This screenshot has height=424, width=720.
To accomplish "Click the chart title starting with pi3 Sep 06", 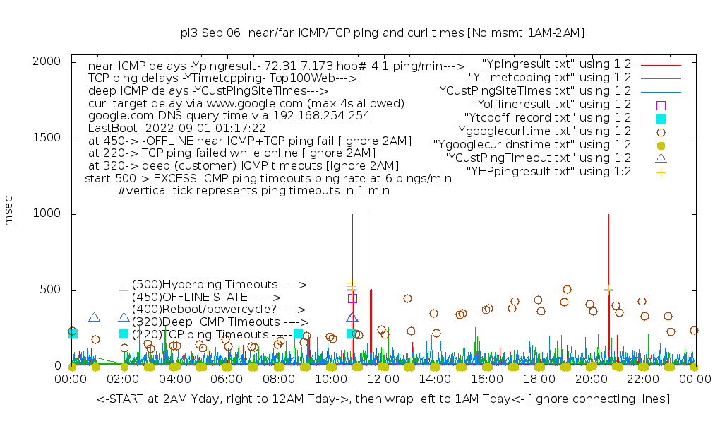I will (383, 33).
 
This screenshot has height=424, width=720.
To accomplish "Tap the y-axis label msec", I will (9, 213).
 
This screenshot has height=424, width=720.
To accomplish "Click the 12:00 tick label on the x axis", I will (383, 379).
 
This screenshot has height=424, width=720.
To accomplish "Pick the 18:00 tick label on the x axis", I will (539, 379).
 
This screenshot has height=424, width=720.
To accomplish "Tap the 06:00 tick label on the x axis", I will (227, 379).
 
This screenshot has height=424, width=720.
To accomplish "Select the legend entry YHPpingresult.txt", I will (548, 172).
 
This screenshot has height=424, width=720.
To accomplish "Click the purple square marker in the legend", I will (661, 105).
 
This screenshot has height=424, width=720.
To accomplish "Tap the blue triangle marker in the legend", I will (661, 159).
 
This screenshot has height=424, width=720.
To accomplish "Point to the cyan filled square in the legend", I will (661, 119).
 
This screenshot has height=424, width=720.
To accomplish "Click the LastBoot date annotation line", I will (176, 129).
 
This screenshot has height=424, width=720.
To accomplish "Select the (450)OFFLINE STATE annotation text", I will (206, 298).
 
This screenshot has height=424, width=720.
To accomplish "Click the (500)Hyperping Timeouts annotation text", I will (220, 285).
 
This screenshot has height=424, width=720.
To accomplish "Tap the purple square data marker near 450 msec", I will (352, 299).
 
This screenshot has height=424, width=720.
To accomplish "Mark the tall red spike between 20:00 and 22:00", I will (608, 283).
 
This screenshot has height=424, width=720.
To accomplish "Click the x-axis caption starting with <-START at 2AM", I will (383, 400).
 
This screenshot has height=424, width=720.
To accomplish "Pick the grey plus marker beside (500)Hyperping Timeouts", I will (124, 290).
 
